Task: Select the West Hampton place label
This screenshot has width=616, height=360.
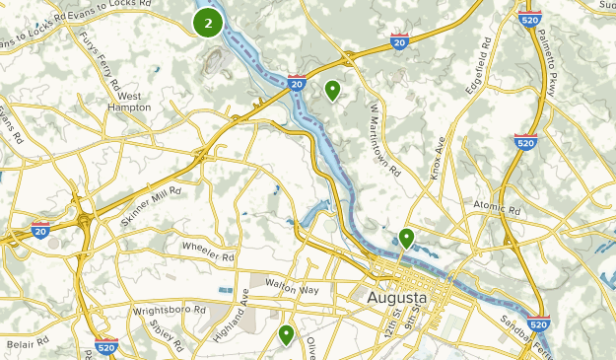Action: pyautogui.click(x=129, y=102)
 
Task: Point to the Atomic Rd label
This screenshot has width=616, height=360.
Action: pyautogui.click(x=496, y=209)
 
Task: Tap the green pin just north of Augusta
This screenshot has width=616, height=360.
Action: pyautogui.click(x=406, y=238)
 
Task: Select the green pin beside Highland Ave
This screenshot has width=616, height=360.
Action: pyautogui.click(x=287, y=335)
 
